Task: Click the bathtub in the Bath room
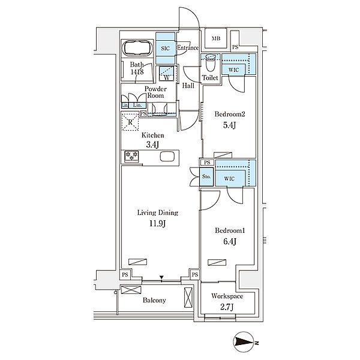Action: [137, 48]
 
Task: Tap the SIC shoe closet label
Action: [166, 49]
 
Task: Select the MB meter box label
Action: [216, 38]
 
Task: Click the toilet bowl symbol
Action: [211, 62]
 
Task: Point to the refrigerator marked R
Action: [130, 122]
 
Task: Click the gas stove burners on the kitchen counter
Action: [131, 156]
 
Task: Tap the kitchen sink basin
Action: [167, 157]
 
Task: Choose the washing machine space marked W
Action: [167, 73]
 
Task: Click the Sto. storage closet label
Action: [206, 176]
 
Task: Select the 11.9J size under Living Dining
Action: [157, 223]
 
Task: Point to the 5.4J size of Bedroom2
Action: [229, 125]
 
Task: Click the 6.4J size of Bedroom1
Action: [230, 241]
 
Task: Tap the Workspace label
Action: [227, 296]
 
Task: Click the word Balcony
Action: [154, 301]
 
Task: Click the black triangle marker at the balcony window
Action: [161, 278]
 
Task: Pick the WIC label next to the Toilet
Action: [233, 70]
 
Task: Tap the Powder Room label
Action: [155, 92]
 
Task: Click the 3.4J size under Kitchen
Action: [152, 145]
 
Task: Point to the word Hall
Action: [188, 86]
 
